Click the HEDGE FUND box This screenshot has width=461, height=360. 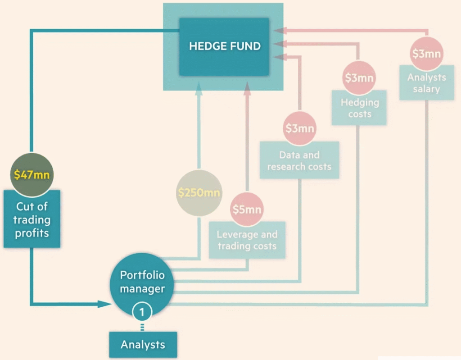(x=224, y=46)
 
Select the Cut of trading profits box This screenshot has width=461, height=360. (x=32, y=219)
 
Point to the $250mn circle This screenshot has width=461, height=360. (x=199, y=193)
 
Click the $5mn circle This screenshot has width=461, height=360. (x=247, y=210)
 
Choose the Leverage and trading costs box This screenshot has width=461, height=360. (x=247, y=240)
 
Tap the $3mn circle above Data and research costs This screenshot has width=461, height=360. (x=299, y=129)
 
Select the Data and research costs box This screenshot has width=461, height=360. (x=299, y=160)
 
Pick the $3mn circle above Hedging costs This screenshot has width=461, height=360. (x=359, y=78)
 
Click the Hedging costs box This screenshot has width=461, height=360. (x=359, y=108)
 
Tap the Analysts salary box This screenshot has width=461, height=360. (x=426, y=83)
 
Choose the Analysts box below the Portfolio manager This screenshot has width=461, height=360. (x=143, y=345)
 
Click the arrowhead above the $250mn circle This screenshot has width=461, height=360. (x=199, y=91)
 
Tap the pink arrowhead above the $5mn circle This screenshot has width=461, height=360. (x=247, y=91)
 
